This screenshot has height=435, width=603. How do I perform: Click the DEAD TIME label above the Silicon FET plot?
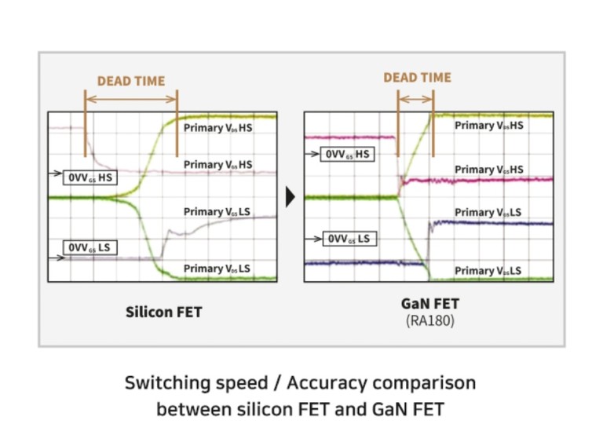click(x=131, y=81)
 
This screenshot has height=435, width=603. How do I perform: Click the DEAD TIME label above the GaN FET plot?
click(x=417, y=78)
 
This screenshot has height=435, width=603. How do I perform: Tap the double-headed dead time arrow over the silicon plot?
click(x=131, y=99)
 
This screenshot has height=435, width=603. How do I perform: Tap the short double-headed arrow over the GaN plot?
click(x=415, y=99)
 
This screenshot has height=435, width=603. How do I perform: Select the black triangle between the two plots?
click(x=291, y=197)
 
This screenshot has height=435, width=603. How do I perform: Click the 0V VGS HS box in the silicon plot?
click(x=90, y=177)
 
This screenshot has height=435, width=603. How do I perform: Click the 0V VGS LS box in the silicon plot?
click(x=90, y=247)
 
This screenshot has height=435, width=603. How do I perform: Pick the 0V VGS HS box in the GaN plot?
click(x=347, y=154)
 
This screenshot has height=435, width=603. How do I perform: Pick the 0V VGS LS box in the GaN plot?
click(x=349, y=239)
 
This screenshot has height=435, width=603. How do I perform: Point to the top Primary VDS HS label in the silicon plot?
click(x=217, y=128)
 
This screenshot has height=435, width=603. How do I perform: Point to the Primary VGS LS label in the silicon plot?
click(x=217, y=212)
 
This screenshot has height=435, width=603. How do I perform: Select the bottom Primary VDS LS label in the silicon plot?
click(x=217, y=269)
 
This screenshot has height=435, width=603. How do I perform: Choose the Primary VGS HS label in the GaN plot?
click(x=489, y=170)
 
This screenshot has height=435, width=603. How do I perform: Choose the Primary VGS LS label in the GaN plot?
click(x=488, y=212)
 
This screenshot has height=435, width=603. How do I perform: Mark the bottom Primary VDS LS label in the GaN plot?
click(x=488, y=271)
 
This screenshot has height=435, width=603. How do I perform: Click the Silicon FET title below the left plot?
click(x=164, y=312)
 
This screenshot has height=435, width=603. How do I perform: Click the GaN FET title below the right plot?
click(x=430, y=304)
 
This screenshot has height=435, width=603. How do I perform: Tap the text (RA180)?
click(x=430, y=320)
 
